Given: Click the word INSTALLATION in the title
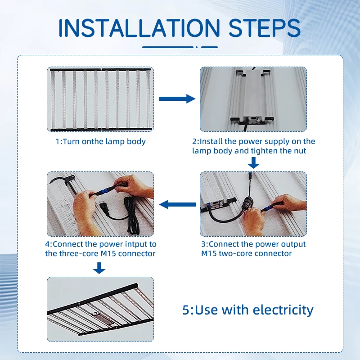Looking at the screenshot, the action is pyautogui.click(x=139, y=28).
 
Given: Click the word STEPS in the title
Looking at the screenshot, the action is pyautogui.click(x=265, y=28).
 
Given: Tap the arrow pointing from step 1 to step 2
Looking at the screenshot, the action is pyautogui.click(x=177, y=99).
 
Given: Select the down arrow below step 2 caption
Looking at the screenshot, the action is pyautogui.click(x=253, y=163).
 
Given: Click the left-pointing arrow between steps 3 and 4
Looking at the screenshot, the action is pyautogui.click(x=177, y=204).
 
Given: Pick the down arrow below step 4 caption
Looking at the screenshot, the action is pyautogui.click(x=99, y=268).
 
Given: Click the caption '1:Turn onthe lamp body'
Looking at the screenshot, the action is pyautogui.click(x=100, y=141).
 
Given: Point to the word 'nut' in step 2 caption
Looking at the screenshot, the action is pyautogui.click(x=300, y=151).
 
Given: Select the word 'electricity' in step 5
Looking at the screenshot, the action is pyautogui.click(x=283, y=310).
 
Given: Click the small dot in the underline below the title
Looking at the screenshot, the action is pyautogui.click(x=197, y=47).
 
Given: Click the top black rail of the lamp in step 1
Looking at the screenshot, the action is pyautogui.click(x=100, y=69).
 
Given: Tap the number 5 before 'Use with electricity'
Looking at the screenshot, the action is pyautogui.click(x=186, y=310).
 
